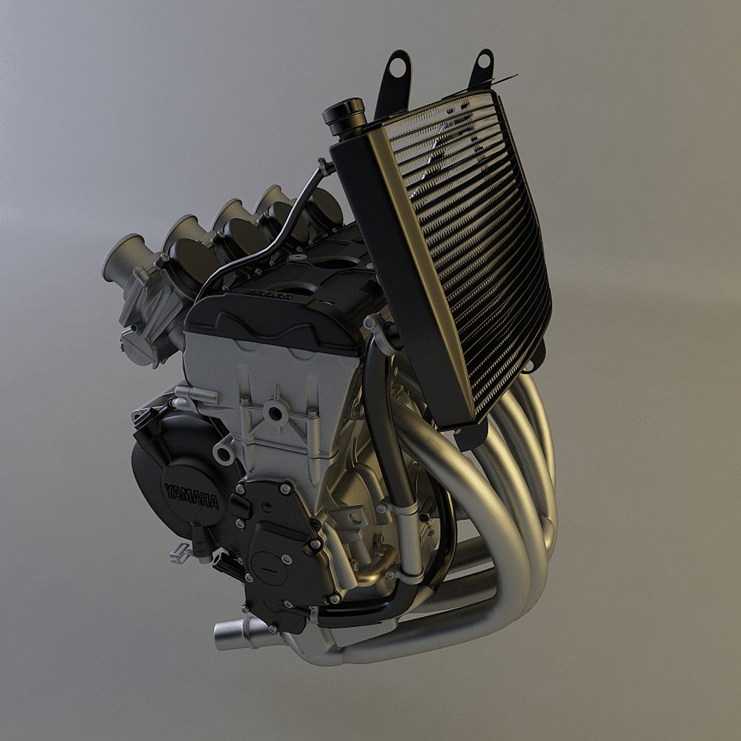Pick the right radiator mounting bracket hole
484,61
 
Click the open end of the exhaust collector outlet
222,635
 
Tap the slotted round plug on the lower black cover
269,567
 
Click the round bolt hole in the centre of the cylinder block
276,413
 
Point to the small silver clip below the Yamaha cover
180,552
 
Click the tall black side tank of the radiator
405,274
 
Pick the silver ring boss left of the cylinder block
224,454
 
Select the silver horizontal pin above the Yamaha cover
196,395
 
